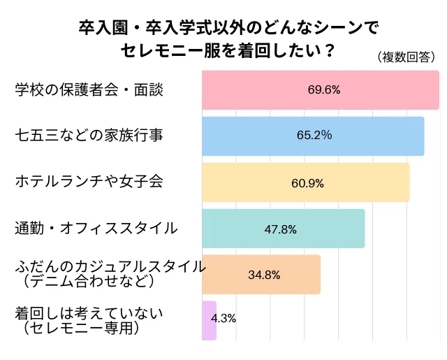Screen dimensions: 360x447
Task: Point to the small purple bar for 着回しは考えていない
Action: (209, 320)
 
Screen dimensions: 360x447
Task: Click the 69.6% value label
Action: (323, 90)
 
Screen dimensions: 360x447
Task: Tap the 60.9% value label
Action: (307, 182)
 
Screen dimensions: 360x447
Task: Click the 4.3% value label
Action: (223, 318)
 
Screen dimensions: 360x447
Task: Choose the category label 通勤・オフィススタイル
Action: (96, 229)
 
